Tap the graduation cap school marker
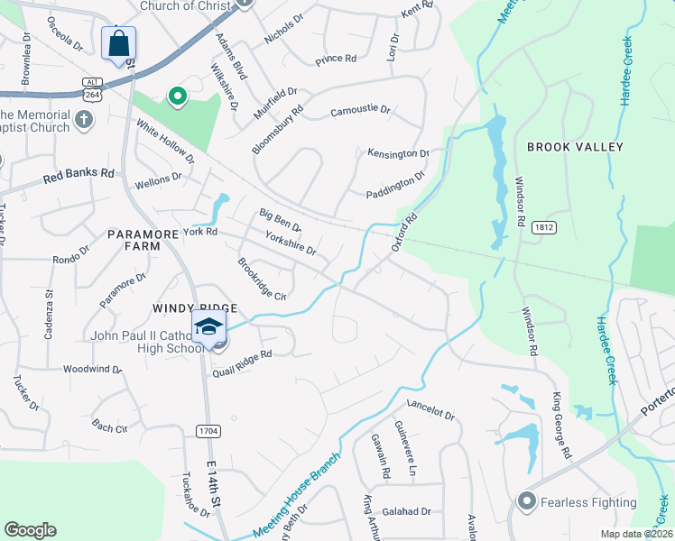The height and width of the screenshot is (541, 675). click(208, 326)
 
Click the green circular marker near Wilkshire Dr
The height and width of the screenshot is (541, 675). click(178, 95)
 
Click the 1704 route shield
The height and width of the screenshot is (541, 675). click(208, 431)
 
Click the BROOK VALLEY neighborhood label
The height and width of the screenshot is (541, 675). click(575, 147)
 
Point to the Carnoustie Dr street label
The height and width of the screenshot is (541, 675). click(360, 110)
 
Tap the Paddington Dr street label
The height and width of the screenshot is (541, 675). click(395, 187)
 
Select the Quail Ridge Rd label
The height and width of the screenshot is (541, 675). click(242, 363)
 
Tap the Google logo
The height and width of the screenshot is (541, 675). click(30, 530)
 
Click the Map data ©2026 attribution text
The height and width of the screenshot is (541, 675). click(635, 534)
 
